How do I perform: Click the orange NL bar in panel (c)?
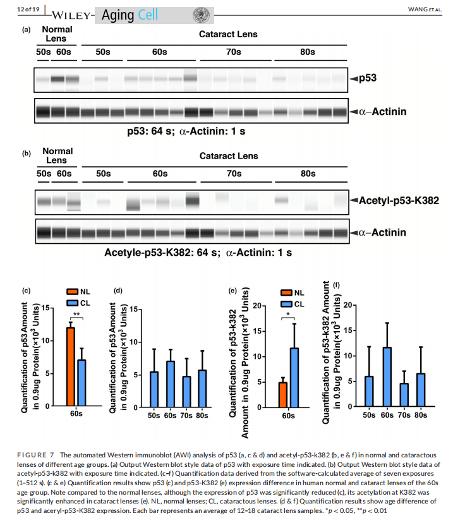(71, 366)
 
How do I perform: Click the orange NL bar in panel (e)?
(283, 395)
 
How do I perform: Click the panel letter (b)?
(26, 154)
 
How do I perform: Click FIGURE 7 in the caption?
(37, 455)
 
